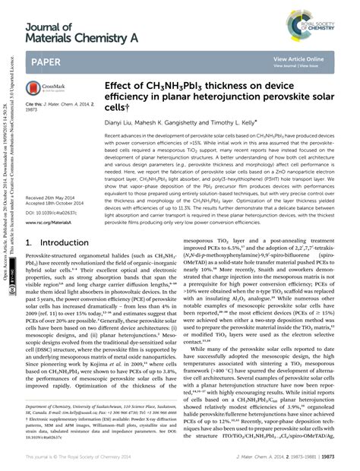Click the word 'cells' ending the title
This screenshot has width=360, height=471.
pyautogui.click(x=117, y=108)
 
